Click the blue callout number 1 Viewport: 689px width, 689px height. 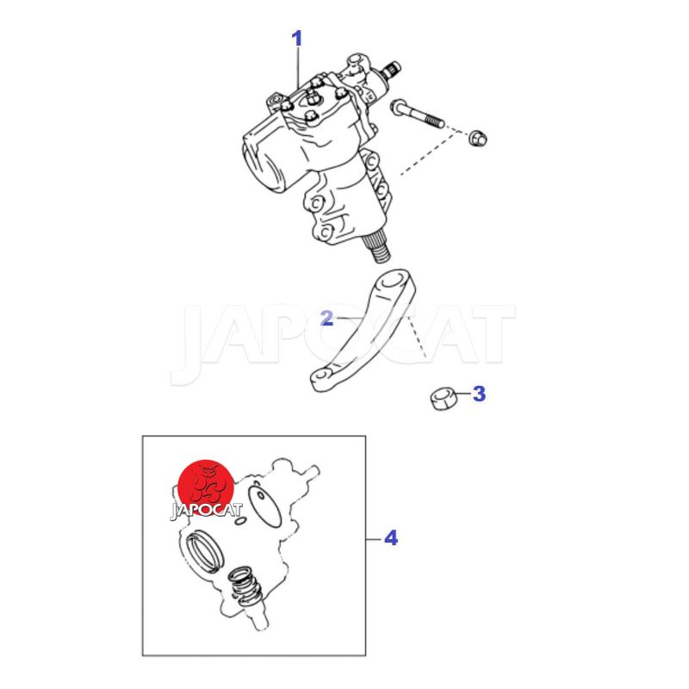[297, 39]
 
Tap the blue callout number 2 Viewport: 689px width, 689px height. [327, 318]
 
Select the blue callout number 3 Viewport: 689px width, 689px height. [479, 394]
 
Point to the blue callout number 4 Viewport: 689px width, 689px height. [391, 537]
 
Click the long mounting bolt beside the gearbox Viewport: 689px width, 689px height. [417, 114]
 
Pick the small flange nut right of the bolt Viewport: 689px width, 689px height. [478, 138]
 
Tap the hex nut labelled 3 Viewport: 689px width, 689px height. [443, 398]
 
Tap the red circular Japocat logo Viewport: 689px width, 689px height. [206, 487]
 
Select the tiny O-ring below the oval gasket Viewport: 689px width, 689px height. [240, 521]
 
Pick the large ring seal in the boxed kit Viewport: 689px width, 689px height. [205, 552]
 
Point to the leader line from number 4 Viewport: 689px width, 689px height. [374, 539]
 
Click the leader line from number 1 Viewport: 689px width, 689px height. [299, 67]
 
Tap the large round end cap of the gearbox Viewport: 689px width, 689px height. [262, 164]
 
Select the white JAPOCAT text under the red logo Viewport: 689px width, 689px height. [206, 511]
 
